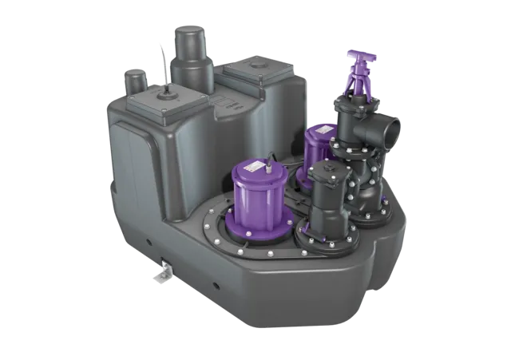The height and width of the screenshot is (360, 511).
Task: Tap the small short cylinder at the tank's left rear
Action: click(137, 83)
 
